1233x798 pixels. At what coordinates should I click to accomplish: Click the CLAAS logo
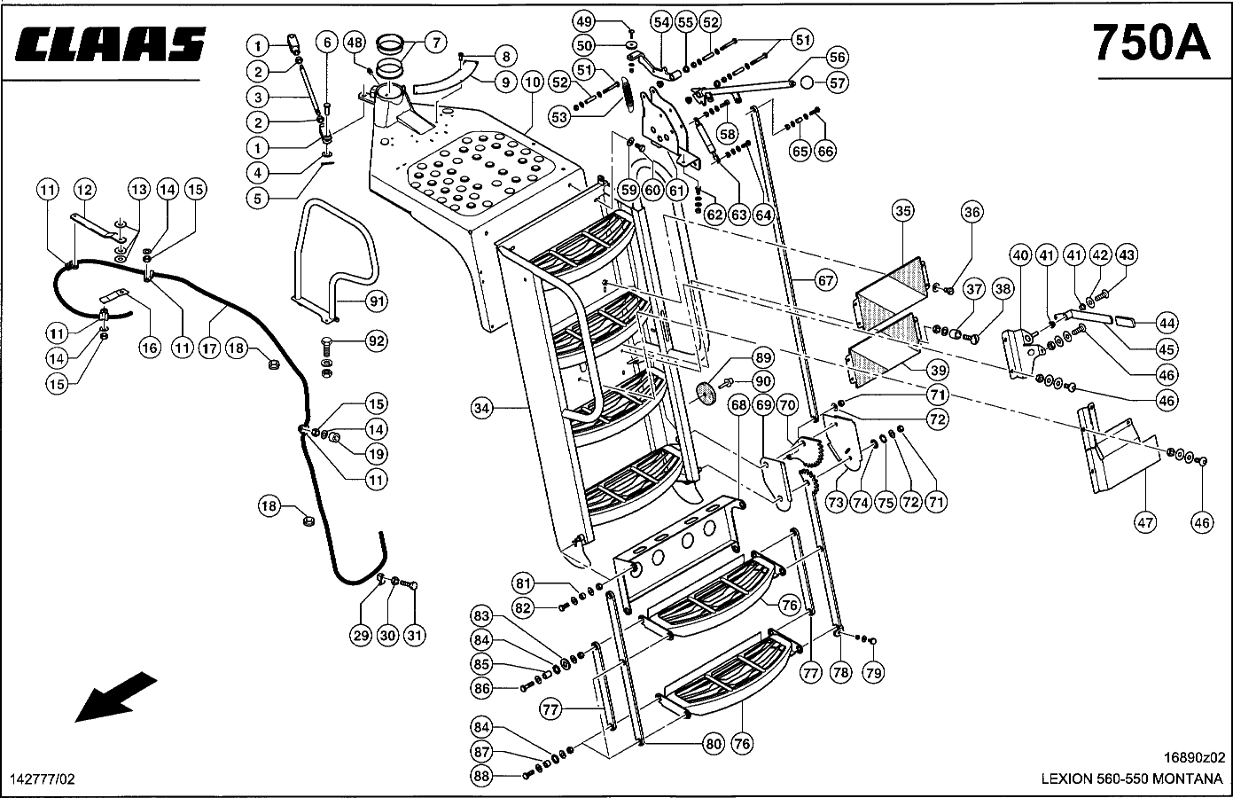pos(111,44)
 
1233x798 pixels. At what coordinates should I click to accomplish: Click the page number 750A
pos(1151,42)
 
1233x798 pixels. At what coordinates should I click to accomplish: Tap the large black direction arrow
pos(115,696)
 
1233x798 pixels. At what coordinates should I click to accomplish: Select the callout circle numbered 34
pos(481,409)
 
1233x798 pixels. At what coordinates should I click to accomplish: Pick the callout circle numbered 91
pos(378,301)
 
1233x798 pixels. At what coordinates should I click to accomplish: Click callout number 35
pos(902,211)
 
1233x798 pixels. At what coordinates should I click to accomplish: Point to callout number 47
pos(1145,522)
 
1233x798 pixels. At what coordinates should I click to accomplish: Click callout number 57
pos(838,82)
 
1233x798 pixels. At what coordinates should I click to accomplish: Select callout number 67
pos(825,281)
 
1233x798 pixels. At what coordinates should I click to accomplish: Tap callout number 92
pos(378,340)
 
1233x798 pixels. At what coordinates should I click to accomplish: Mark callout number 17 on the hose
pos(209,348)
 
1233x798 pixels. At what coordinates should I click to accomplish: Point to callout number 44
pos(1167,323)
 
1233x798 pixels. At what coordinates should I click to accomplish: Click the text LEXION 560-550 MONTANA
pos(1131,778)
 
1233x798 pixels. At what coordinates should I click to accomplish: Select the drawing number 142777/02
pos(42,778)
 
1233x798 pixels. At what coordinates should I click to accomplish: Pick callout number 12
pos(84,189)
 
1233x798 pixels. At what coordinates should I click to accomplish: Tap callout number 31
pos(415,635)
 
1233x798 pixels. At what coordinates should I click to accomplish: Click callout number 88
pos(481,777)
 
